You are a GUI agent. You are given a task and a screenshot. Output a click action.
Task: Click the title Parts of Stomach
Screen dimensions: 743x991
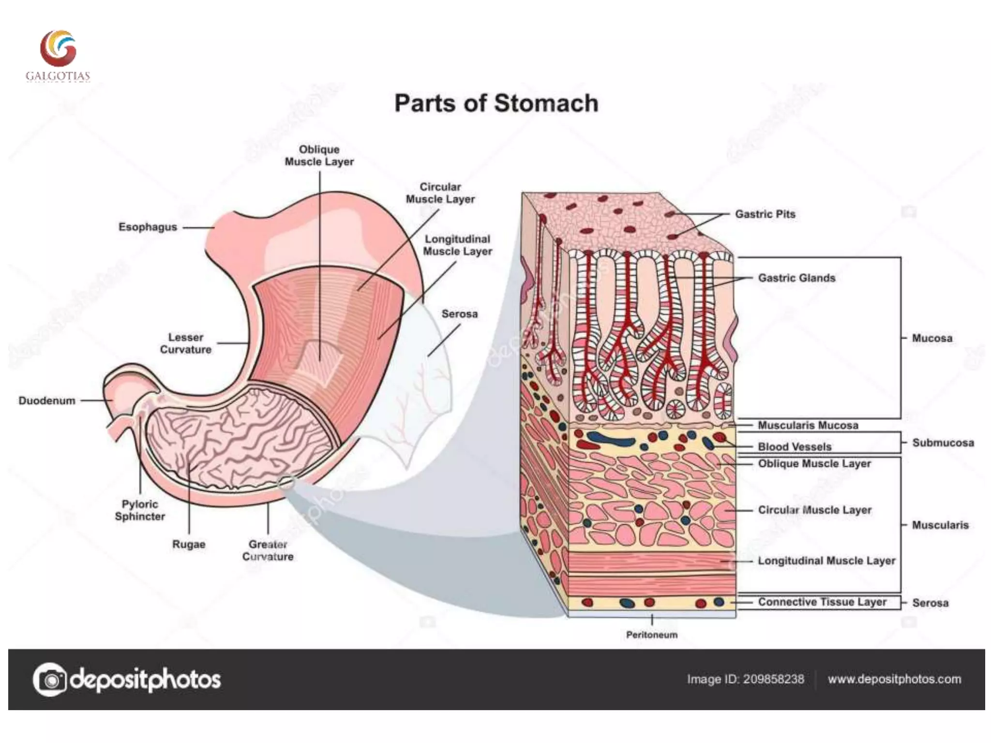tap(496, 104)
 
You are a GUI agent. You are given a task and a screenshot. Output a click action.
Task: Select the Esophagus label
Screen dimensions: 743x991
tap(148, 227)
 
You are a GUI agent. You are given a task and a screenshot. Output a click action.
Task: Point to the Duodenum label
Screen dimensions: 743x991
tap(47, 401)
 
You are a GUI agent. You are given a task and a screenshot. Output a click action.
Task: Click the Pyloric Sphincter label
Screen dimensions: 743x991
tap(140, 510)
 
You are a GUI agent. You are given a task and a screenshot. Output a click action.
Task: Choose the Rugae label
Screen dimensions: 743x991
tap(189, 544)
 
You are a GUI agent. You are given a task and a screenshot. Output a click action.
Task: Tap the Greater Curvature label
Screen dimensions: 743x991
tap(268, 550)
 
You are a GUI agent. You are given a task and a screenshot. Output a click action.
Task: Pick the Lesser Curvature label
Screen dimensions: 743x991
tap(185, 343)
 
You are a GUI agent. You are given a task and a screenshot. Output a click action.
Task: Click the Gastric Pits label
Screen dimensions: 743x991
tap(765, 214)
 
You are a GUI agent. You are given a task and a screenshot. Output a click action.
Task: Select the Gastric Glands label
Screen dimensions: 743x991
tap(796, 278)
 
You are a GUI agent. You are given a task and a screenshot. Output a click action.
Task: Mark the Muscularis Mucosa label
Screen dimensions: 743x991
tap(808, 425)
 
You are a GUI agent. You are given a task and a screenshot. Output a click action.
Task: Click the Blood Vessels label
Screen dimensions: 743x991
tap(795, 446)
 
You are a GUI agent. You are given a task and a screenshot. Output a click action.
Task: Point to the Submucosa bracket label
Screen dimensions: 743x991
tap(943, 443)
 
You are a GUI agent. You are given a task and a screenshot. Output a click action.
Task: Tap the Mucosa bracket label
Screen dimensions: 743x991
tap(932, 338)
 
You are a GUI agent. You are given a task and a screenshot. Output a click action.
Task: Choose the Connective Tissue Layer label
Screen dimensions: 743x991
tap(822, 602)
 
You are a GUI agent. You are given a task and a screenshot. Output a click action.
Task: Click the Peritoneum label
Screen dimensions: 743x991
tap(651, 635)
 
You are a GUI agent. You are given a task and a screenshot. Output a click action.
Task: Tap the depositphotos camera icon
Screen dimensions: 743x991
tap(49, 680)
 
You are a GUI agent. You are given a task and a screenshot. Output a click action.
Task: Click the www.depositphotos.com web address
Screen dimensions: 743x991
tap(894, 679)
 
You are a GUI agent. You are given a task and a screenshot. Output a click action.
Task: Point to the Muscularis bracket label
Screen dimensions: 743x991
tap(940, 525)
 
